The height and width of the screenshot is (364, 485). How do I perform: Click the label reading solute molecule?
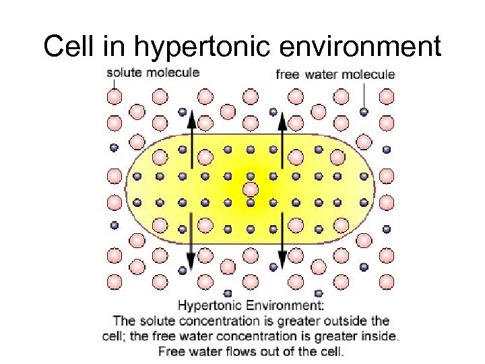(153, 72)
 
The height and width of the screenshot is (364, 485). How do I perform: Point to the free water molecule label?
(335, 74)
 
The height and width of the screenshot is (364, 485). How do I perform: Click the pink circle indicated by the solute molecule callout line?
(115, 97)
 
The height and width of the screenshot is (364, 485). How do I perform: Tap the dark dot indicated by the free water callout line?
(364, 111)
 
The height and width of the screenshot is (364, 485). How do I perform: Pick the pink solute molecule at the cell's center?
(251, 189)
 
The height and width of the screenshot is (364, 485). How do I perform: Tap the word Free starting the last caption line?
(170, 351)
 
